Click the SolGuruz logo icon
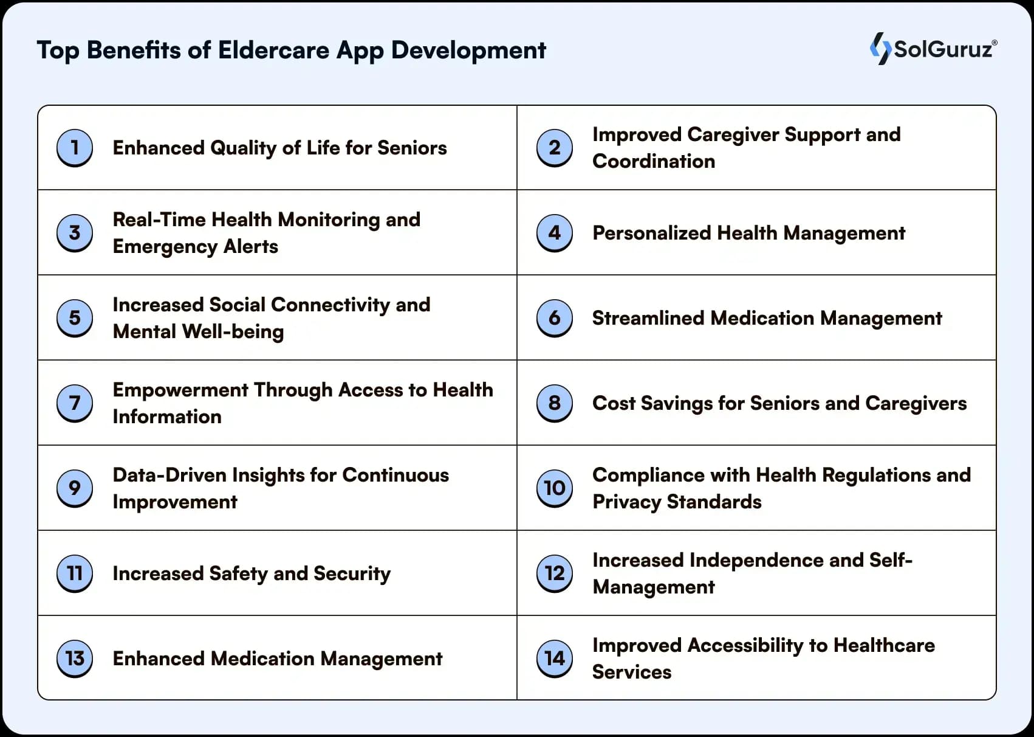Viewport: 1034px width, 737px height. click(x=881, y=49)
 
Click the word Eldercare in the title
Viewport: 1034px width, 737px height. click(x=274, y=50)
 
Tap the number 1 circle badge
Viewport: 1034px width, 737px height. click(x=75, y=148)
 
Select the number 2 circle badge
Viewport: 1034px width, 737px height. click(x=555, y=148)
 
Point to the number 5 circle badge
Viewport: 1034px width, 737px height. click(x=75, y=318)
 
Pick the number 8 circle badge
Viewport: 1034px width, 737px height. click(x=555, y=403)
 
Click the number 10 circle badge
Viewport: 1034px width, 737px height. click(x=555, y=488)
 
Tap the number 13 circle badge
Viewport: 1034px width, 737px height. click(x=75, y=659)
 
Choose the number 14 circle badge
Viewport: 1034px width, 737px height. click(x=555, y=659)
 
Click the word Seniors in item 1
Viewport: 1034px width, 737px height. click(x=413, y=148)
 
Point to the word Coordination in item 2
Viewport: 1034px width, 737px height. click(x=654, y=161)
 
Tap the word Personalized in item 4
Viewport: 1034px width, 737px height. click(x=652, y=233)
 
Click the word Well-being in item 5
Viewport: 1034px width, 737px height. click(x=233, y=332)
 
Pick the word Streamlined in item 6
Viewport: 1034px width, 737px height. click(x=649, y=318)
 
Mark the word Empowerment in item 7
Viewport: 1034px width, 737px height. click(x=180, y=390)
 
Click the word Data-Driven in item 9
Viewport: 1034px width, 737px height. click(x=169, y=475)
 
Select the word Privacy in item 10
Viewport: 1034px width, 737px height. click(x=627, y=502)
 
